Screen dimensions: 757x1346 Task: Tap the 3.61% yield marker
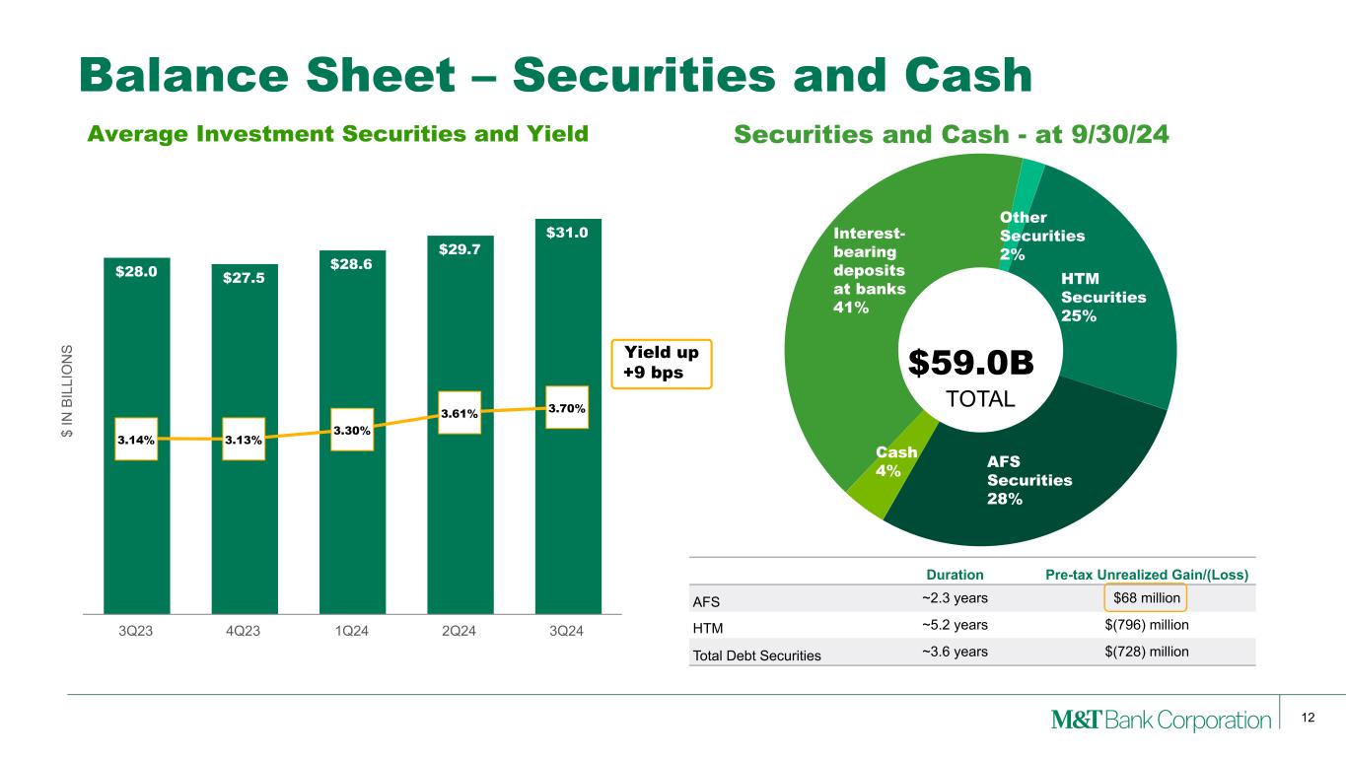click(x=453, y=414)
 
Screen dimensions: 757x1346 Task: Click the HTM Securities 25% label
click(x=1102, y=298)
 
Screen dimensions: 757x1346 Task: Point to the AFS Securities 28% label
click(x=1028, y=480)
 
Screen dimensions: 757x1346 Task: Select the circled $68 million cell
click(x=1147, y=597)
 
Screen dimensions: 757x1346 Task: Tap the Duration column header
click(x=954, y=575)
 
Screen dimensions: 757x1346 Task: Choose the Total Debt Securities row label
click(x=757, y=654)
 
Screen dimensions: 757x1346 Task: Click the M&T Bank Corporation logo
click(x=1162, y=721)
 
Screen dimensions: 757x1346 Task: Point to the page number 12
click(x=1309, y=718)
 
